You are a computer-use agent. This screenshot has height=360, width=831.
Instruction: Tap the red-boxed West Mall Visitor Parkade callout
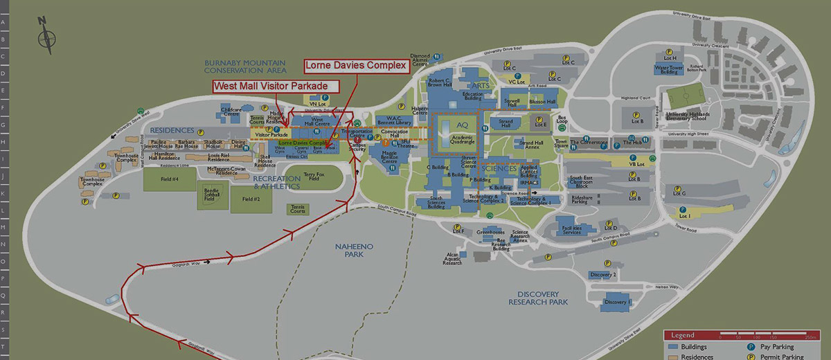(x=276, y=87)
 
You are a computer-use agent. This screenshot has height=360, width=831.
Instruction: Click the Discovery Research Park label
(x=537, y=298)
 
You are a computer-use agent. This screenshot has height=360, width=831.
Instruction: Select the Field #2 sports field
(x=251, y=199)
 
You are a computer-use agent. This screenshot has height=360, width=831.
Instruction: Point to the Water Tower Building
(x=669, y=69)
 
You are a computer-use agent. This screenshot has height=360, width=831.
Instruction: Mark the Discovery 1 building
(x=616, y=303)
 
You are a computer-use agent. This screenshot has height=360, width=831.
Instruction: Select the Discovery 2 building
(x=602, y=275)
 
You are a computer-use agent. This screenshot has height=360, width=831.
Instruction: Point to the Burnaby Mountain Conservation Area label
(x=245, y=66)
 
